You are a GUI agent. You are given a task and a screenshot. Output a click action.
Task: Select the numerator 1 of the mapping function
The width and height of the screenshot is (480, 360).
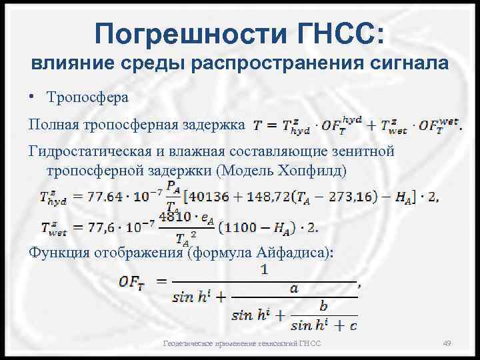click(x=265, y=271)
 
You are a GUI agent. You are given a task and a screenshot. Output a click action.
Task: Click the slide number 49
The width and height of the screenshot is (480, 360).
click(x=447, y=343)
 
